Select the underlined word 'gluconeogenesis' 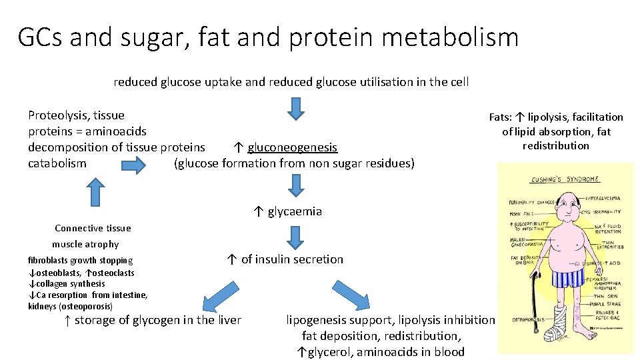292,147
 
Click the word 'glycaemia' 295,211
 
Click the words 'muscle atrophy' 85,244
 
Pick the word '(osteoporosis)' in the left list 86,307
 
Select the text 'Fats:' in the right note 501,117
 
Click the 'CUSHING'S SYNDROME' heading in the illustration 565,179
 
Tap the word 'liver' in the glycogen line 229,320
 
